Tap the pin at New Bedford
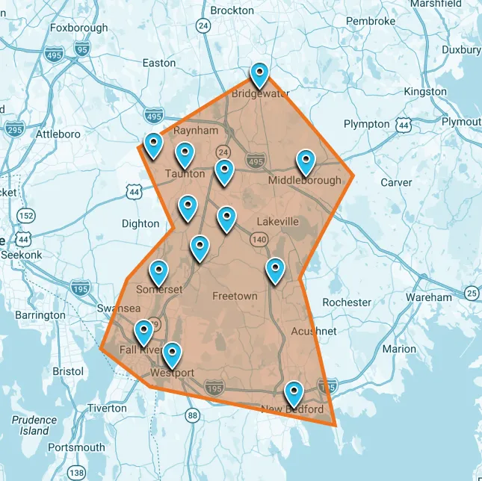(294, 391)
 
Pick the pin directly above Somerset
(158, 273)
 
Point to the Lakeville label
(277, 222)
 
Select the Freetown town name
(235, 296)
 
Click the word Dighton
(140, 223)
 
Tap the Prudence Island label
(34, 425)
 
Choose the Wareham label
(429, 297)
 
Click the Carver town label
(396, 182)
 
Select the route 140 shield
(259, 240)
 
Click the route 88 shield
(193, 415)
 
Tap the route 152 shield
(26, 216)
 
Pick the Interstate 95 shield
(82, 50)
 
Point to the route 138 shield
(75, 473)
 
